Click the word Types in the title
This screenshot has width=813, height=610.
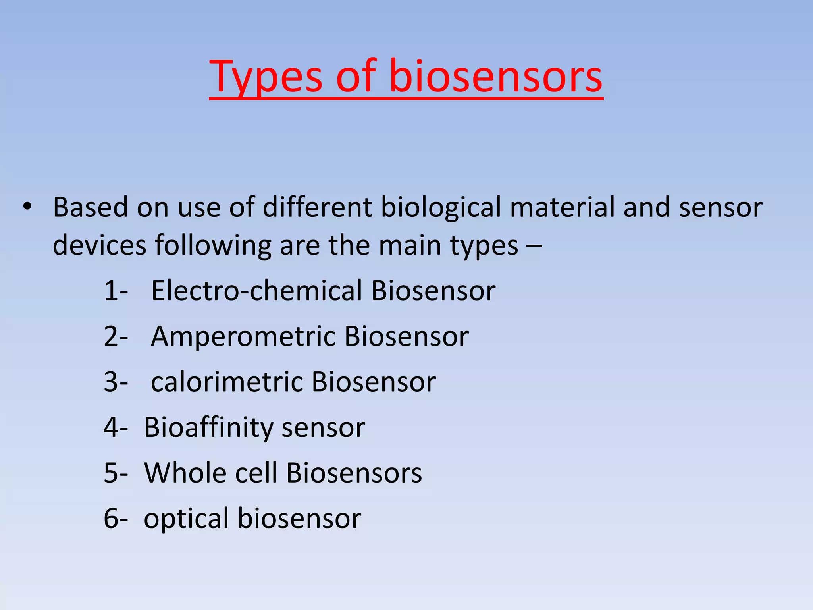pos(266,76)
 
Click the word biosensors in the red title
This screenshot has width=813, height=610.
pos(496,76)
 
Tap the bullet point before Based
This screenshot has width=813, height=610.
pos(27,207)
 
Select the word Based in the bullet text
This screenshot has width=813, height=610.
pos(91,207)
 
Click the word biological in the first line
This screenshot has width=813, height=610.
pos(441,208)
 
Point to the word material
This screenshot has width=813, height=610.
pos(562,207)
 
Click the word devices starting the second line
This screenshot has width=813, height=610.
pos(99,245)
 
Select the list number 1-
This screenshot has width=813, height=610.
pos(116,291)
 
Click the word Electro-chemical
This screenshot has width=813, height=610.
pos(256,291)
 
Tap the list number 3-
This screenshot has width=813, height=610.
pos(116,382)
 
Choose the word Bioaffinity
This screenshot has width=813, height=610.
pos(208,428)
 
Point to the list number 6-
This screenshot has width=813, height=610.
pos(116,519)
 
